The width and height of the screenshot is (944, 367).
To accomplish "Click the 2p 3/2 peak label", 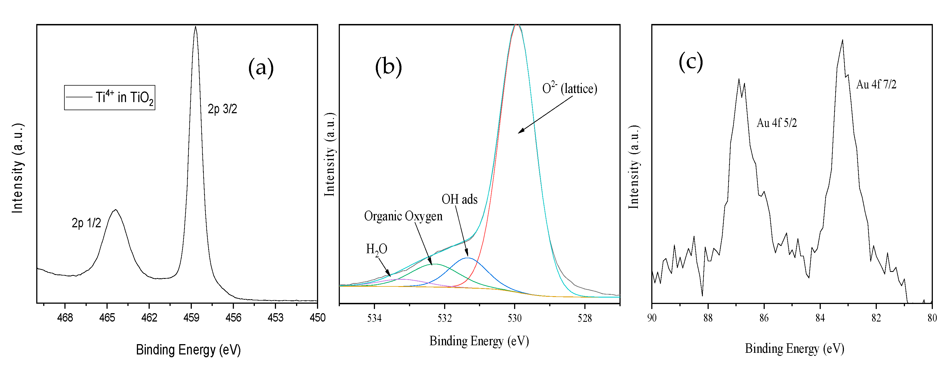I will [x=222, y=109].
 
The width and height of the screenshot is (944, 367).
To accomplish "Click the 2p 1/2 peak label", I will [x=86, y=223].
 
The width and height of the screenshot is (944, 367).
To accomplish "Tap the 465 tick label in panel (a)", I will [x=107, y=318].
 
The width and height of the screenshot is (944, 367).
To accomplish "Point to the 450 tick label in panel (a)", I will [x=317, y=318].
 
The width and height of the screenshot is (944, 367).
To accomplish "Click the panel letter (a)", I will [x=261, y=68].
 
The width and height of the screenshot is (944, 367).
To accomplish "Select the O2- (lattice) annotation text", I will [x=570, y=88].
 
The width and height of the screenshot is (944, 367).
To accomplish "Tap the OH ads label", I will [x=459, y=199].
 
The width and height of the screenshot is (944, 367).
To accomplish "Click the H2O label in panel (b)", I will [x=376, y=249].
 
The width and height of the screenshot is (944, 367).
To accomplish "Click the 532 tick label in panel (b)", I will [x=444, y=318].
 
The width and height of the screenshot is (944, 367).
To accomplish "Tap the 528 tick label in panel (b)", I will [x=585, y=318].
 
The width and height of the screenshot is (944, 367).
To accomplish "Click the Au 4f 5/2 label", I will [x=776, y=123].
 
